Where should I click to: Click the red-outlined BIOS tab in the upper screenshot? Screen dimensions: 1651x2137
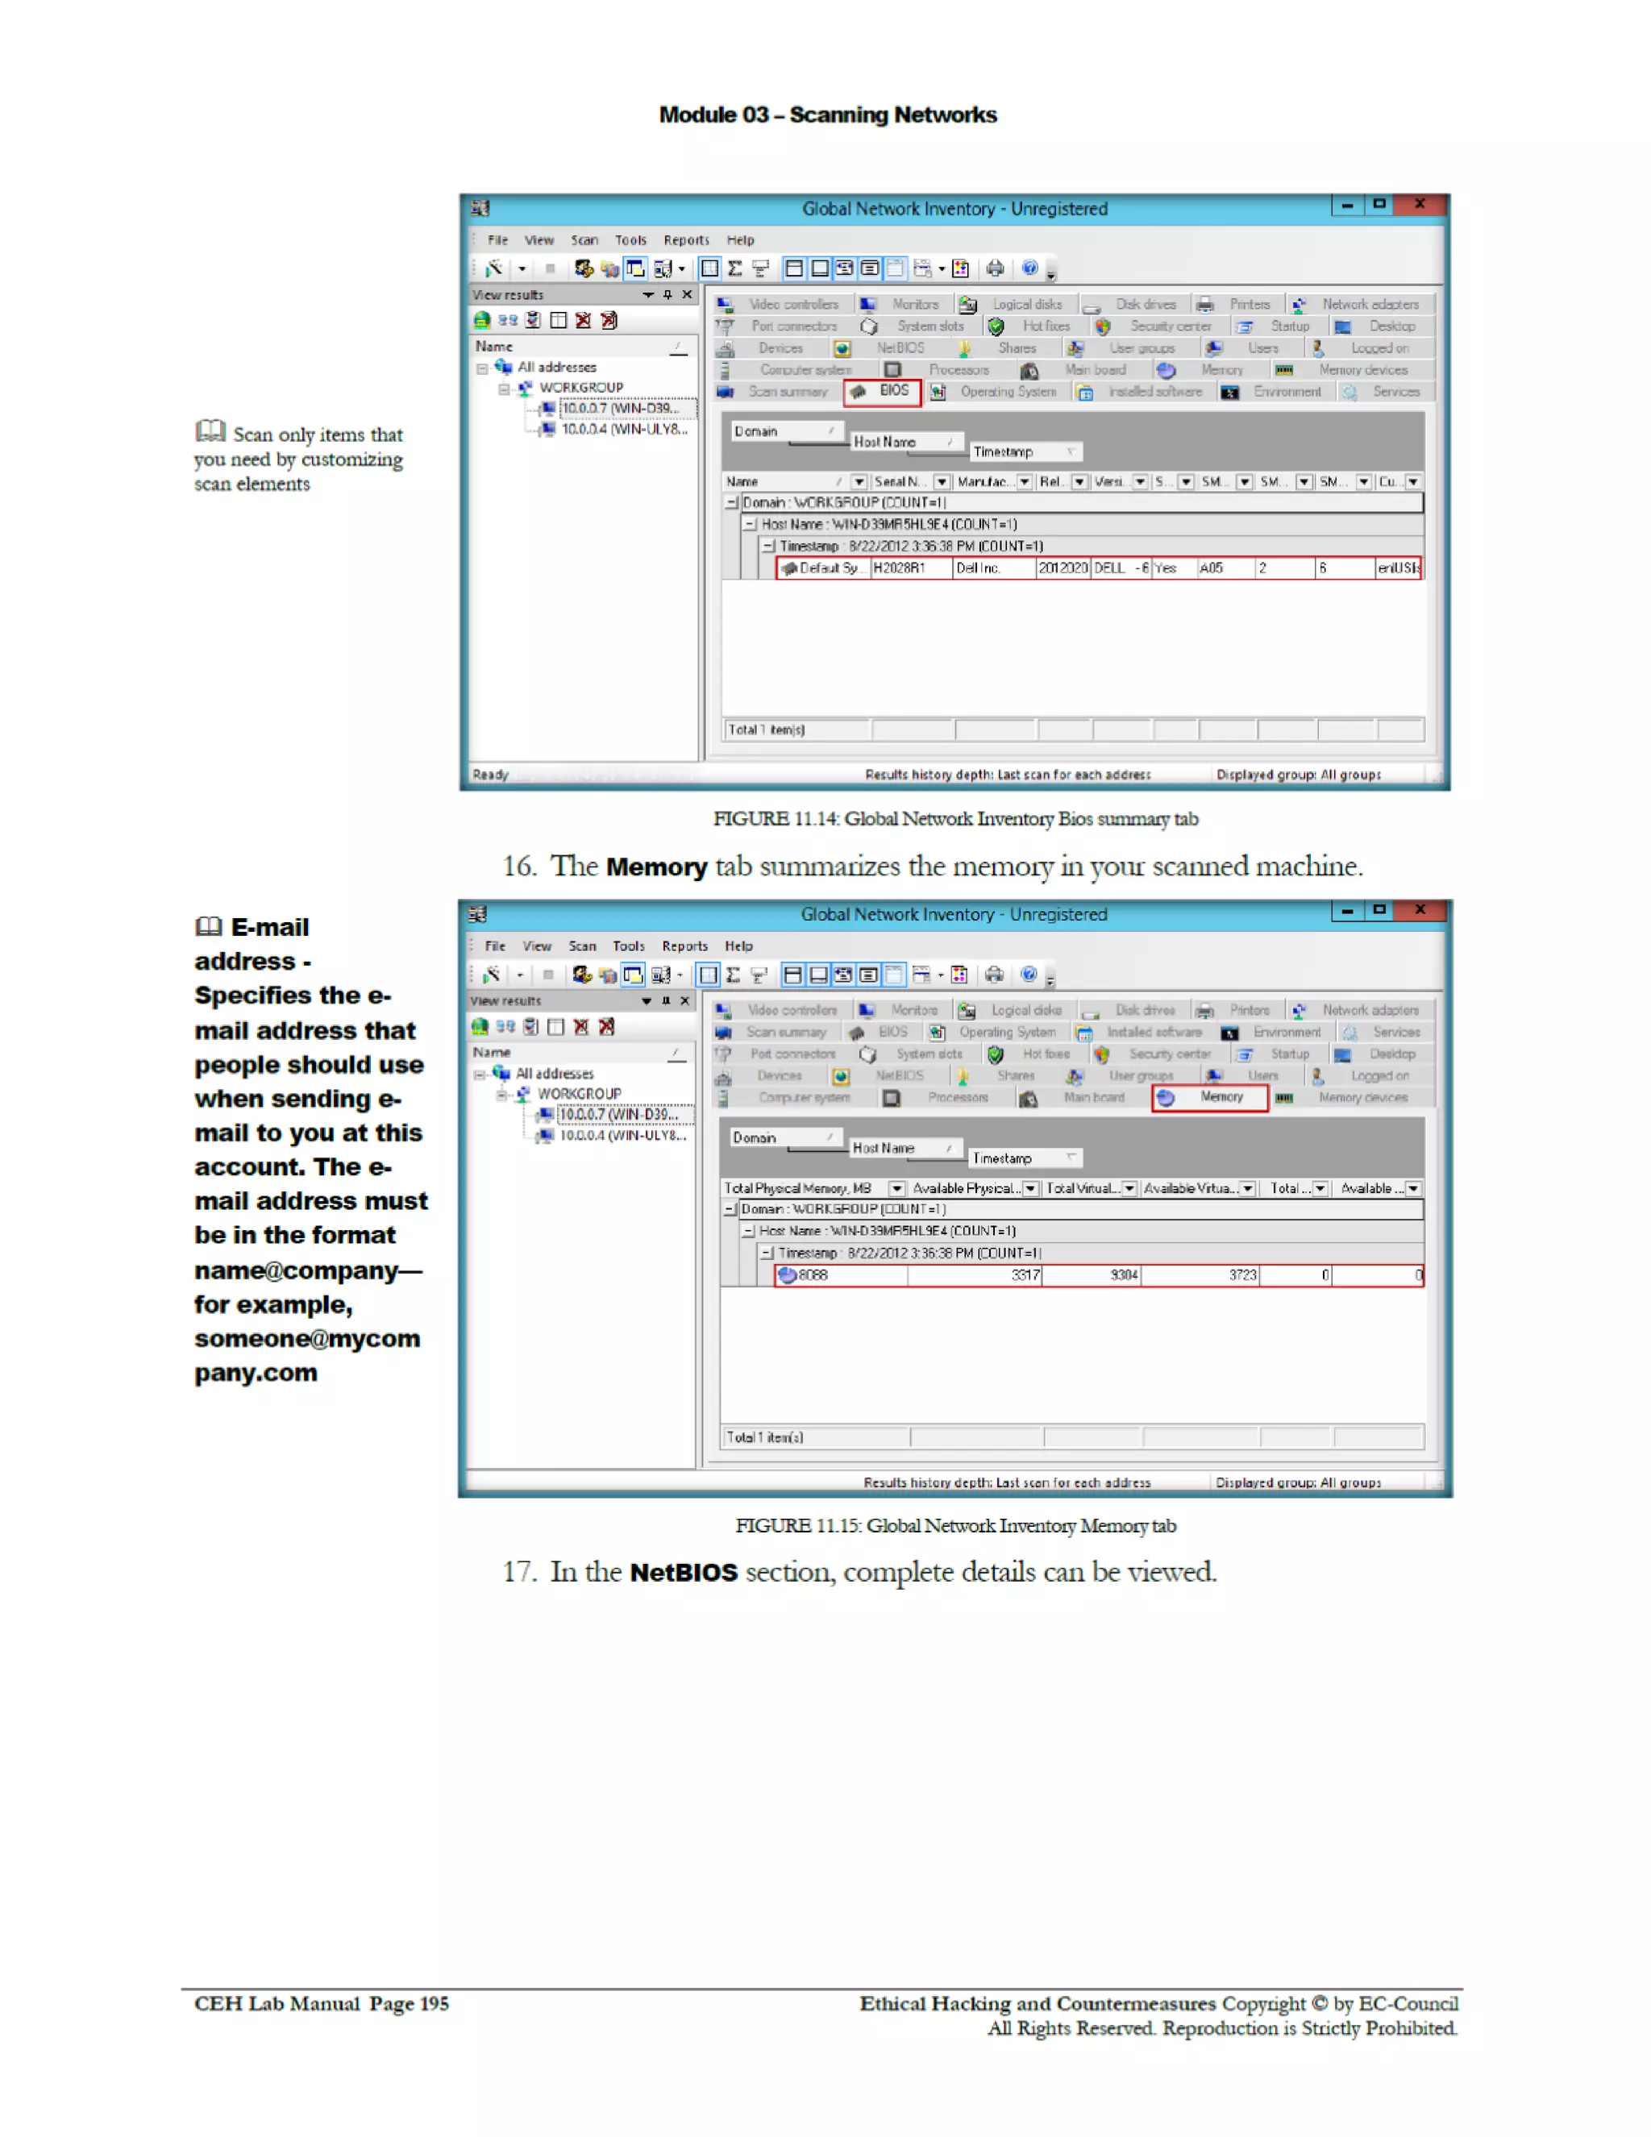[882, 392]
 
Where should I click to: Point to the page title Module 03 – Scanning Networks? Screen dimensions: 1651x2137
[827, 115]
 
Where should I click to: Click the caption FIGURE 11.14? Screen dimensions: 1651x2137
[954, 819]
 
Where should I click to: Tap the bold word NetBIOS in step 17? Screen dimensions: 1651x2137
[683, 1573]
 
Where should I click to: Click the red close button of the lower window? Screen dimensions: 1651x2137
[1419, 910]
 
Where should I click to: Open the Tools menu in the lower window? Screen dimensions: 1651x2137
[628, 946]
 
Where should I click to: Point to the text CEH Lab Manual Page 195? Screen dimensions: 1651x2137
[321, 2003]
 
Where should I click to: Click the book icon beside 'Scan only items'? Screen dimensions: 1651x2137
[210, 431]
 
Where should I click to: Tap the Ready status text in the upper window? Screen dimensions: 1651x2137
[490, 775]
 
